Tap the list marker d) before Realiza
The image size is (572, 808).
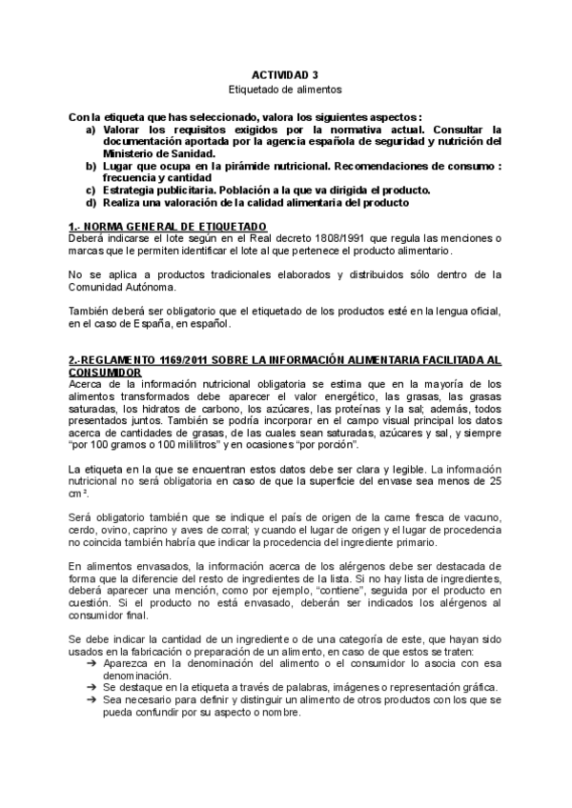[x=91, y=202]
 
